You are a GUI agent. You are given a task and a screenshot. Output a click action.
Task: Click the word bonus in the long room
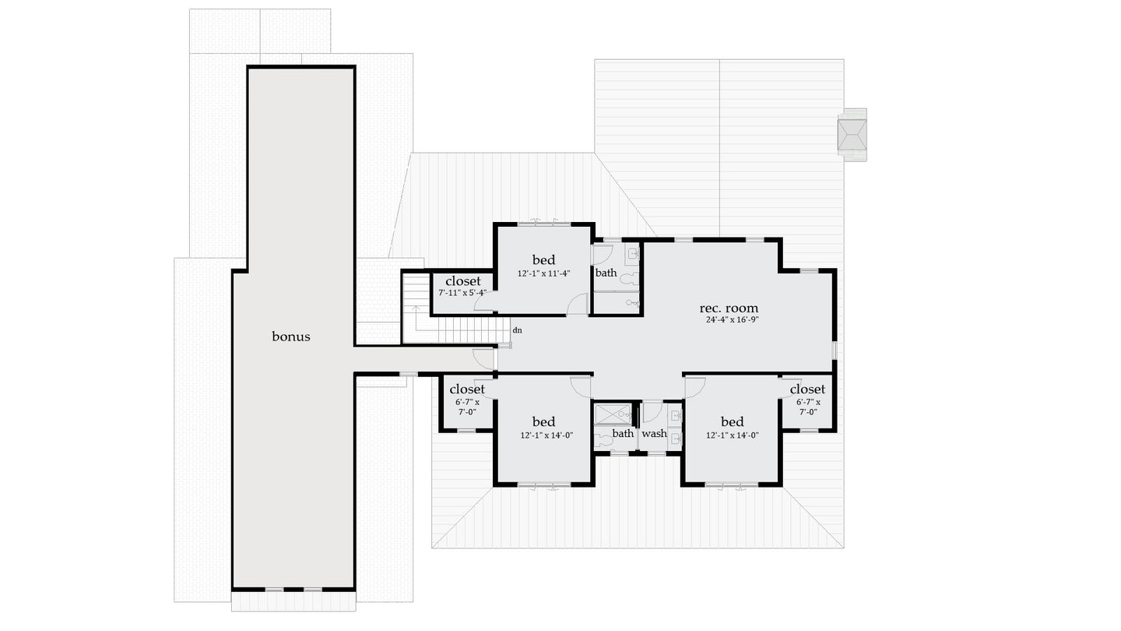(291, 337)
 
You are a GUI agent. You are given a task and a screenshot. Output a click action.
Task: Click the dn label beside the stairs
(517, 330)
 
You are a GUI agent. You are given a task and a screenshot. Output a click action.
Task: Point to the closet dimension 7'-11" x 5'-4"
(462, 293)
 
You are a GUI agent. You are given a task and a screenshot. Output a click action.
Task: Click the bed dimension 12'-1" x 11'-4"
(543, 273)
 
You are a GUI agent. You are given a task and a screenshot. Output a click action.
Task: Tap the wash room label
(654, 433)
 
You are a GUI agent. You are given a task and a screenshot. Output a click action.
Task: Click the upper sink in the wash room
(675, 415)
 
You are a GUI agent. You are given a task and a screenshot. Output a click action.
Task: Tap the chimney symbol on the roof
(852, 136)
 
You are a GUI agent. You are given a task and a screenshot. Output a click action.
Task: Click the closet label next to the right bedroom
(806, 389)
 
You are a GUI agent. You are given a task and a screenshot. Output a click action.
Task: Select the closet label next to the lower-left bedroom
(467, 389)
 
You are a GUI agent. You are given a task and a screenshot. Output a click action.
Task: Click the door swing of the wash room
(651, 411)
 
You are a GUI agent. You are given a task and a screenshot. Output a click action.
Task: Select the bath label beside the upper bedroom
(606, 273)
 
